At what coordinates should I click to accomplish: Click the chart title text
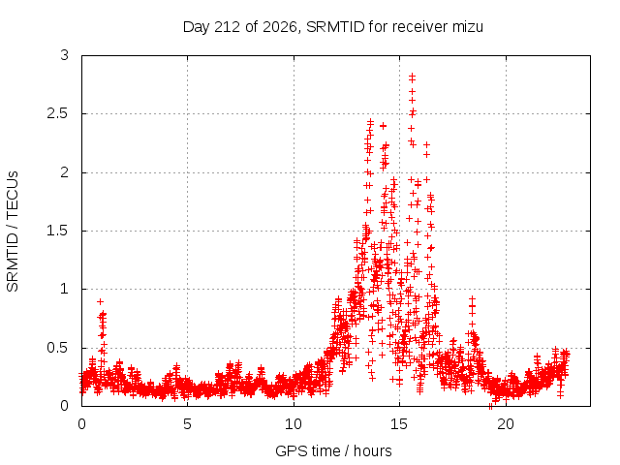click(333, 27)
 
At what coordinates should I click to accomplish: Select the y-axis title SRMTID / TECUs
click(13, 232)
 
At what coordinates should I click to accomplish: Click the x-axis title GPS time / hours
click(333, 450)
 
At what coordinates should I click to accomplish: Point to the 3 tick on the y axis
click(65, 55)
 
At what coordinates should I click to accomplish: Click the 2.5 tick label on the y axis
click(58, 113)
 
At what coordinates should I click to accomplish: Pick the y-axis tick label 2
click(65, 172)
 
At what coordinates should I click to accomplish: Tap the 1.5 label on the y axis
click(58, 231)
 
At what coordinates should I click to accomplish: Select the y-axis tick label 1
click(65, 289)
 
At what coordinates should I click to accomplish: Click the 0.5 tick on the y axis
click(58, 348)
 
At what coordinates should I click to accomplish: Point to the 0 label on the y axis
click(65, 406)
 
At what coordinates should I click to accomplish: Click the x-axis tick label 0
click(81, 424)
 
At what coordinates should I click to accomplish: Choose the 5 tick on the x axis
click(187, 424)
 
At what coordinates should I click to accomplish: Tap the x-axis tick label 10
click(294, 424)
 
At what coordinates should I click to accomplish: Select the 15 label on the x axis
click(399, 424)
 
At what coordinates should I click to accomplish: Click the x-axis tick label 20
click(506, 424)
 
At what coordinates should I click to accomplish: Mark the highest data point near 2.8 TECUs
click(412, 76)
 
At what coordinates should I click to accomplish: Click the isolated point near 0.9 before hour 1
click(101, 301)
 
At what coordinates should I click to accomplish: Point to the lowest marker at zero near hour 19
click(491, 406)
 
